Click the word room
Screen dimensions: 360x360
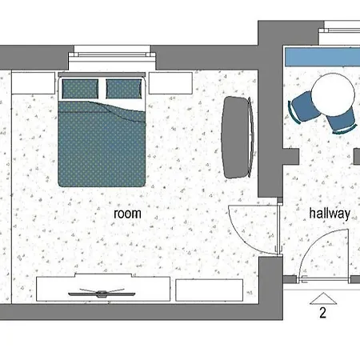[127, 214]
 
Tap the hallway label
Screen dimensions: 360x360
[330, 214]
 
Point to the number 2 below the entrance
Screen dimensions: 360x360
[323, 313]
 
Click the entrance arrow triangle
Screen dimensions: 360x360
[323, 298]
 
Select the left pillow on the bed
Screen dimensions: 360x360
[80, 89]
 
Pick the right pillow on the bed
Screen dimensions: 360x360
[124, 89]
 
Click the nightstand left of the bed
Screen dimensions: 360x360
[34, 82]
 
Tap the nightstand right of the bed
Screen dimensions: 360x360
[170, 83]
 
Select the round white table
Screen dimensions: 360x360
[333, 94]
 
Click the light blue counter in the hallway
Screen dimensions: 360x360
[322, 57]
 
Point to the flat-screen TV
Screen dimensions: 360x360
[102, 294]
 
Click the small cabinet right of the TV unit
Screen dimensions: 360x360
[210, 290]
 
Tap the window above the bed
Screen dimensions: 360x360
[112, 54]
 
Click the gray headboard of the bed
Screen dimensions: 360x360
[102, 74]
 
